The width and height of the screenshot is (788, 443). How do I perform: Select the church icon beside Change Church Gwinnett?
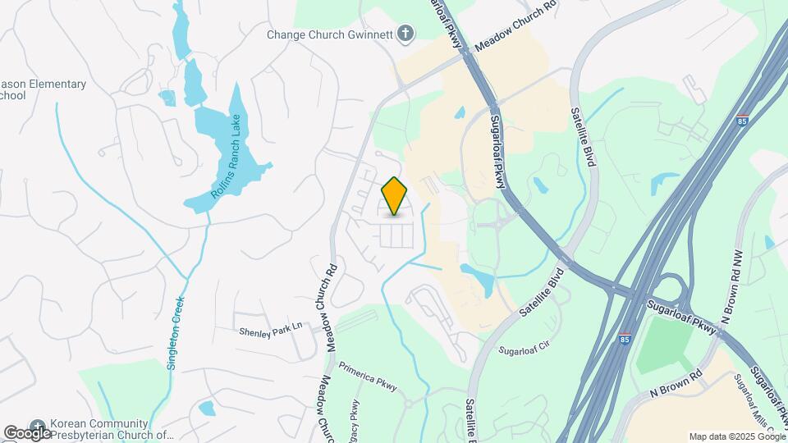click(404, 34)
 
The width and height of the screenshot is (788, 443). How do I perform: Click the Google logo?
click(27, 432)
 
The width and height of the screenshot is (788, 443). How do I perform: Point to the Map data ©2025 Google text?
click(735, 436)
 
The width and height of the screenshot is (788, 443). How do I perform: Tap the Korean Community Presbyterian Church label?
click(112, 430)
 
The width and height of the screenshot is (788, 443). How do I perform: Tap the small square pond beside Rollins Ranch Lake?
click(167, 98)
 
